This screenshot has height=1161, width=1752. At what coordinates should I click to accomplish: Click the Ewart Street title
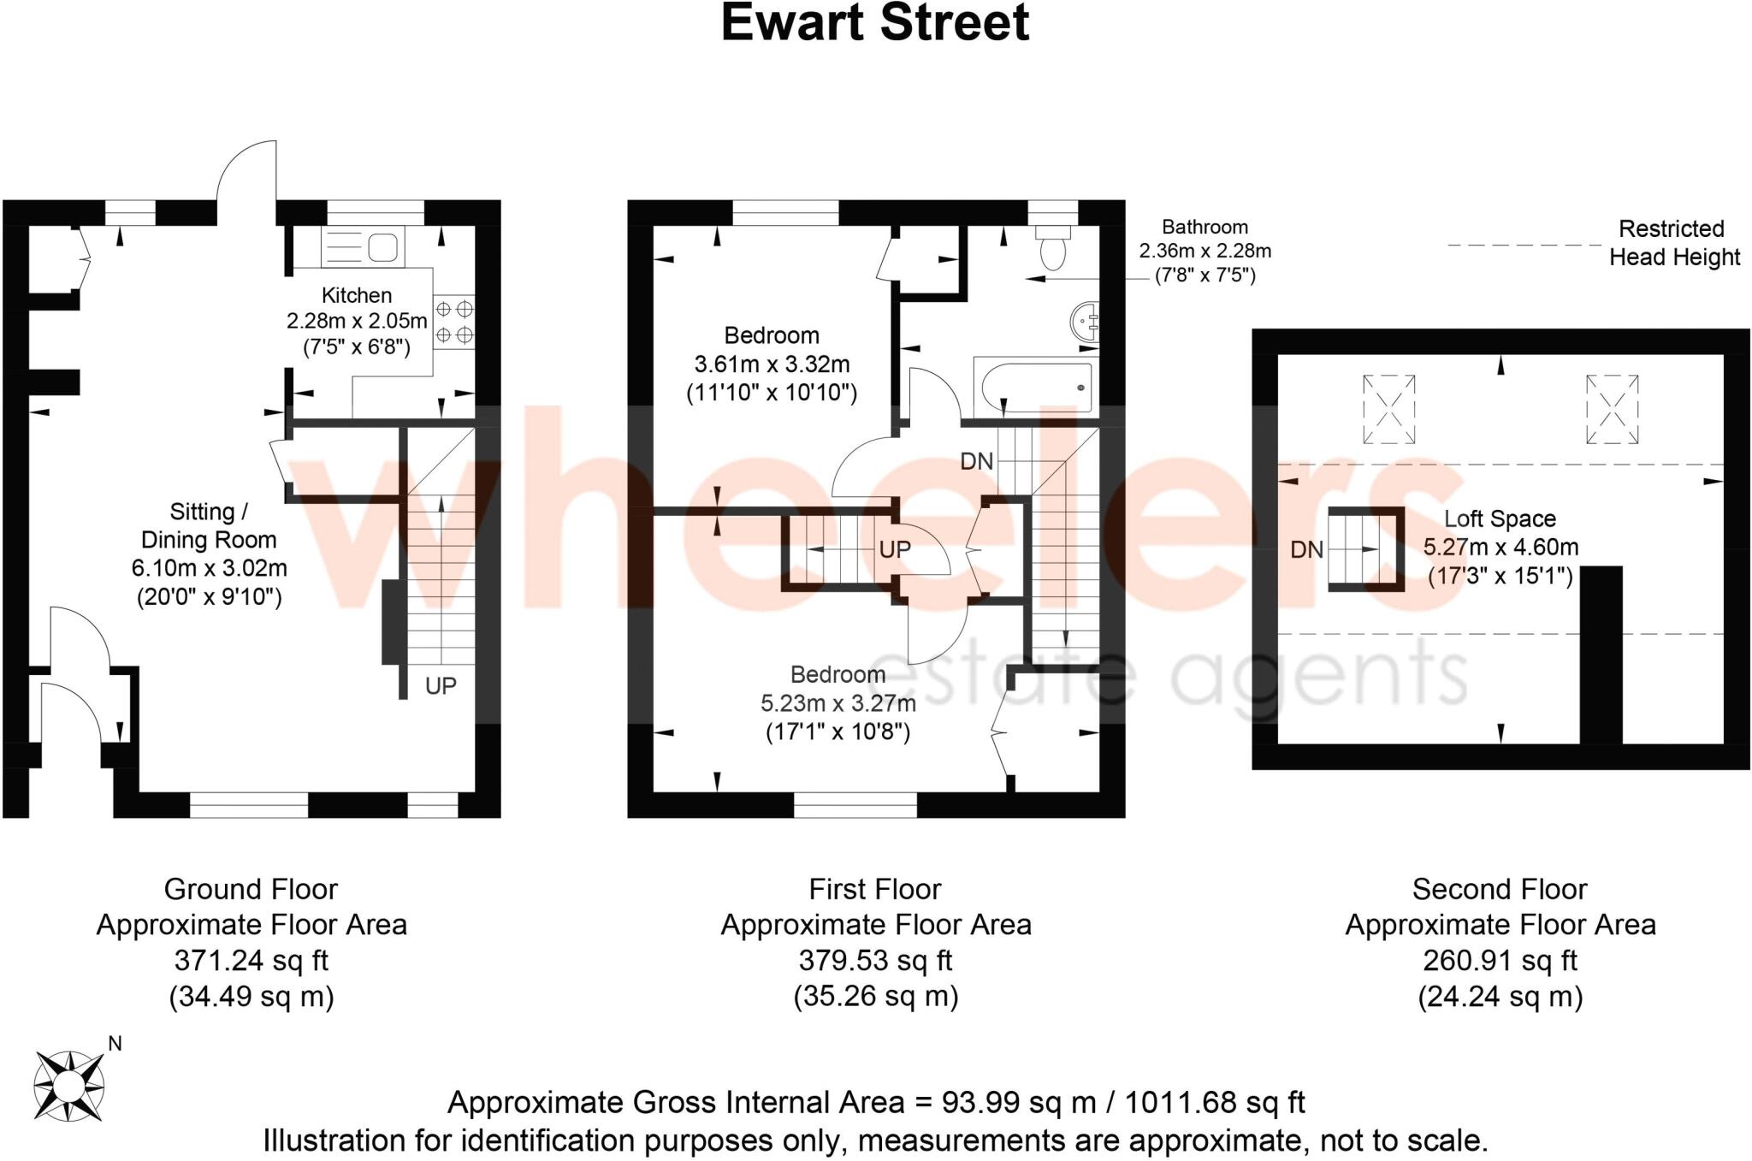click(874, 23)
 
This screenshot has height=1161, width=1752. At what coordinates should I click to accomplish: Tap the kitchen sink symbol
click(363, 247)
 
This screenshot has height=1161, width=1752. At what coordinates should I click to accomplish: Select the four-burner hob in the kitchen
click(454, 322)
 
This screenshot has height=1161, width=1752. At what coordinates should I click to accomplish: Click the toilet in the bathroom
click(1053, 247)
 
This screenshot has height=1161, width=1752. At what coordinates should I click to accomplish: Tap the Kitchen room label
click(356, 295)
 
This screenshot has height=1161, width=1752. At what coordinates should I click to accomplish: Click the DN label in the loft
click(1306, 549)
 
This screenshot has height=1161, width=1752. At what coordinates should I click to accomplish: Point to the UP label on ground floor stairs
click(441, 685)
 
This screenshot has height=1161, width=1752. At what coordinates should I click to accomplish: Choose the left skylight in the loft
click(1388, 409)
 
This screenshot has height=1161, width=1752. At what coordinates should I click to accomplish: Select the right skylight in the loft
click(1612, 409)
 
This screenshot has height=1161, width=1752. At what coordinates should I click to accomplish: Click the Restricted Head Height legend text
click(1673, 243)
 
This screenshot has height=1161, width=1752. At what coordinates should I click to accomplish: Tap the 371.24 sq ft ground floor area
click(251, 961)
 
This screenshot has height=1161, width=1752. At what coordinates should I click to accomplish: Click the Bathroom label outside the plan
click(1204, 227)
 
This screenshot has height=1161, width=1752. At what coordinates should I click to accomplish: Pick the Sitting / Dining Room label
click(209, 525)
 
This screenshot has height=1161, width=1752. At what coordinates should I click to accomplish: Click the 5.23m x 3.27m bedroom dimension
click(838, 703)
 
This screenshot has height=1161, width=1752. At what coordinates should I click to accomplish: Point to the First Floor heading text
click(874, 889)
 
